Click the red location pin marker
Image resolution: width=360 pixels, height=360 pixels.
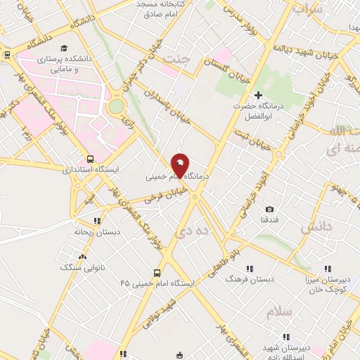tap(180, 164)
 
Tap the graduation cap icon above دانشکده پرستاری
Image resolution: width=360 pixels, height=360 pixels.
tap(64, 48)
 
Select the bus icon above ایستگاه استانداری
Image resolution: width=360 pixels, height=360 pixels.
tap(90, 159)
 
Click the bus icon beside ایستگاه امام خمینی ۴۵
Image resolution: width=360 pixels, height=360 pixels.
tap(156, 273)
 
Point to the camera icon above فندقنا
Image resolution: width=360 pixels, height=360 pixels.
tap(269, 210)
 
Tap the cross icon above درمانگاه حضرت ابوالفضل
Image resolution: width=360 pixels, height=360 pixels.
tap(258, 95)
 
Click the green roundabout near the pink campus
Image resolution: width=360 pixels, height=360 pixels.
tap(116, 106)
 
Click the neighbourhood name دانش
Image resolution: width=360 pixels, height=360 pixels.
tap(315, 227)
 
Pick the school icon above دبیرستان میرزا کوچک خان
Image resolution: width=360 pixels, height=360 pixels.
tap(327, 269)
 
